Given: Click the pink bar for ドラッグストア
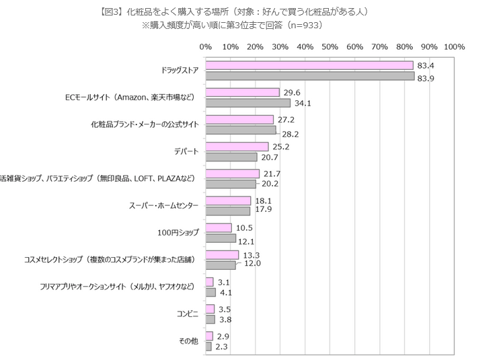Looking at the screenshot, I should click(309, 65).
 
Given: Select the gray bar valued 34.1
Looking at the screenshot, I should click(247, 103).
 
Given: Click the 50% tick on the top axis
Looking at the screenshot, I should click(330, 47).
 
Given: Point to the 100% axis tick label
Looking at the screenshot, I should click(454, 47).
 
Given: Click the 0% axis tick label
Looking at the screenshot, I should click(206, 47).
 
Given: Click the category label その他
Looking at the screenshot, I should click(188, 341).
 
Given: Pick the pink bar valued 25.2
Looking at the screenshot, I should click(237, 147).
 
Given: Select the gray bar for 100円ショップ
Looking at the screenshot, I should click(221, 238).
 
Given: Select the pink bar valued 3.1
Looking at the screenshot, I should click(209, 282).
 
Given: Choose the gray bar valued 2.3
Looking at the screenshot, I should click(208, 347).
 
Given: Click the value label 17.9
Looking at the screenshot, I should click(262, 211).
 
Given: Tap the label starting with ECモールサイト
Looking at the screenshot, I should click(130, 98).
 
